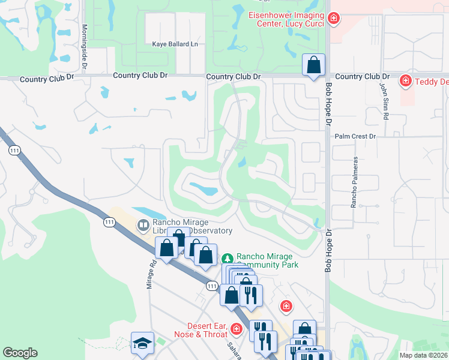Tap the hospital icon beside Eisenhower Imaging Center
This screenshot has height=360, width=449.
point(334,19)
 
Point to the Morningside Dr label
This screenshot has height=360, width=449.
point(85,40)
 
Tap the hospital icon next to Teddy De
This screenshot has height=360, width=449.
point(406,80)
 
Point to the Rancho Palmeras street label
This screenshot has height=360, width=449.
point(355,182)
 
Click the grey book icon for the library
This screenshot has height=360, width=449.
point(143,226)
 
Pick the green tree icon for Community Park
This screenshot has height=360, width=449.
point(228,259)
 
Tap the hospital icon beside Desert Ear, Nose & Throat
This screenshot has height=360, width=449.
point(236,329)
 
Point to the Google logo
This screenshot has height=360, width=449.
point(20,353)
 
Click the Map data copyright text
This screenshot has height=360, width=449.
point(423,355)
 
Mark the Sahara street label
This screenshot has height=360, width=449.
point(234,350)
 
